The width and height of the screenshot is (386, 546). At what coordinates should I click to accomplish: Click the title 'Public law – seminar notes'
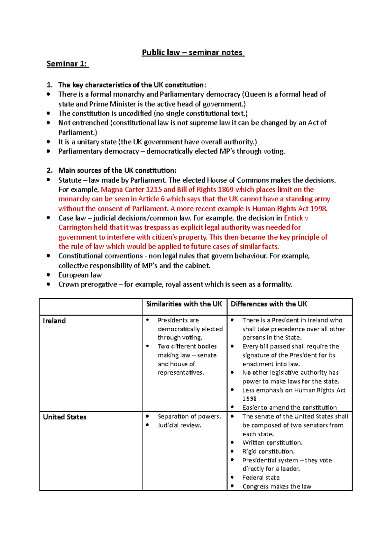click(193, 52)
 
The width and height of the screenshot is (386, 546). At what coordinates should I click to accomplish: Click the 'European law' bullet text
click(80, 275)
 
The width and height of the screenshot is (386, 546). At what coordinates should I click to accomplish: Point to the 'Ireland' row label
click(54, 321)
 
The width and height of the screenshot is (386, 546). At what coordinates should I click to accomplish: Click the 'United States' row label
click(65, 417)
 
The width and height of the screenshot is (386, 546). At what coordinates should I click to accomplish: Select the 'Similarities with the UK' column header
click(184, 304)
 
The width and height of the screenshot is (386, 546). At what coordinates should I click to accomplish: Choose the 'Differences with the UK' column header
click(269, 304)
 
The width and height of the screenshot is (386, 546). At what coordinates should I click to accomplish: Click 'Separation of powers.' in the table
click(189, 416)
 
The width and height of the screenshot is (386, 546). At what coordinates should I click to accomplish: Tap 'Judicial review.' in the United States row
click(179, 425)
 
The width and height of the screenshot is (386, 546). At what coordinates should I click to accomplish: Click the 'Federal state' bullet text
click(261, 478)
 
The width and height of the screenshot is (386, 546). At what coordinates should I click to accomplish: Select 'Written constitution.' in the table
click(272, 442)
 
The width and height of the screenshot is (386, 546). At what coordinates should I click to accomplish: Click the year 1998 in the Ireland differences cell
click(249, 399)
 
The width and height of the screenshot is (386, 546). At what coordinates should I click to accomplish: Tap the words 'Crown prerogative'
click(87, 284)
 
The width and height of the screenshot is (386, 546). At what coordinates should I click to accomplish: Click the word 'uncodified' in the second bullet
click(135, 113)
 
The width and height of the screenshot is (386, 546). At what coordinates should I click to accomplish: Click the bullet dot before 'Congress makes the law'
click(232, 486)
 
